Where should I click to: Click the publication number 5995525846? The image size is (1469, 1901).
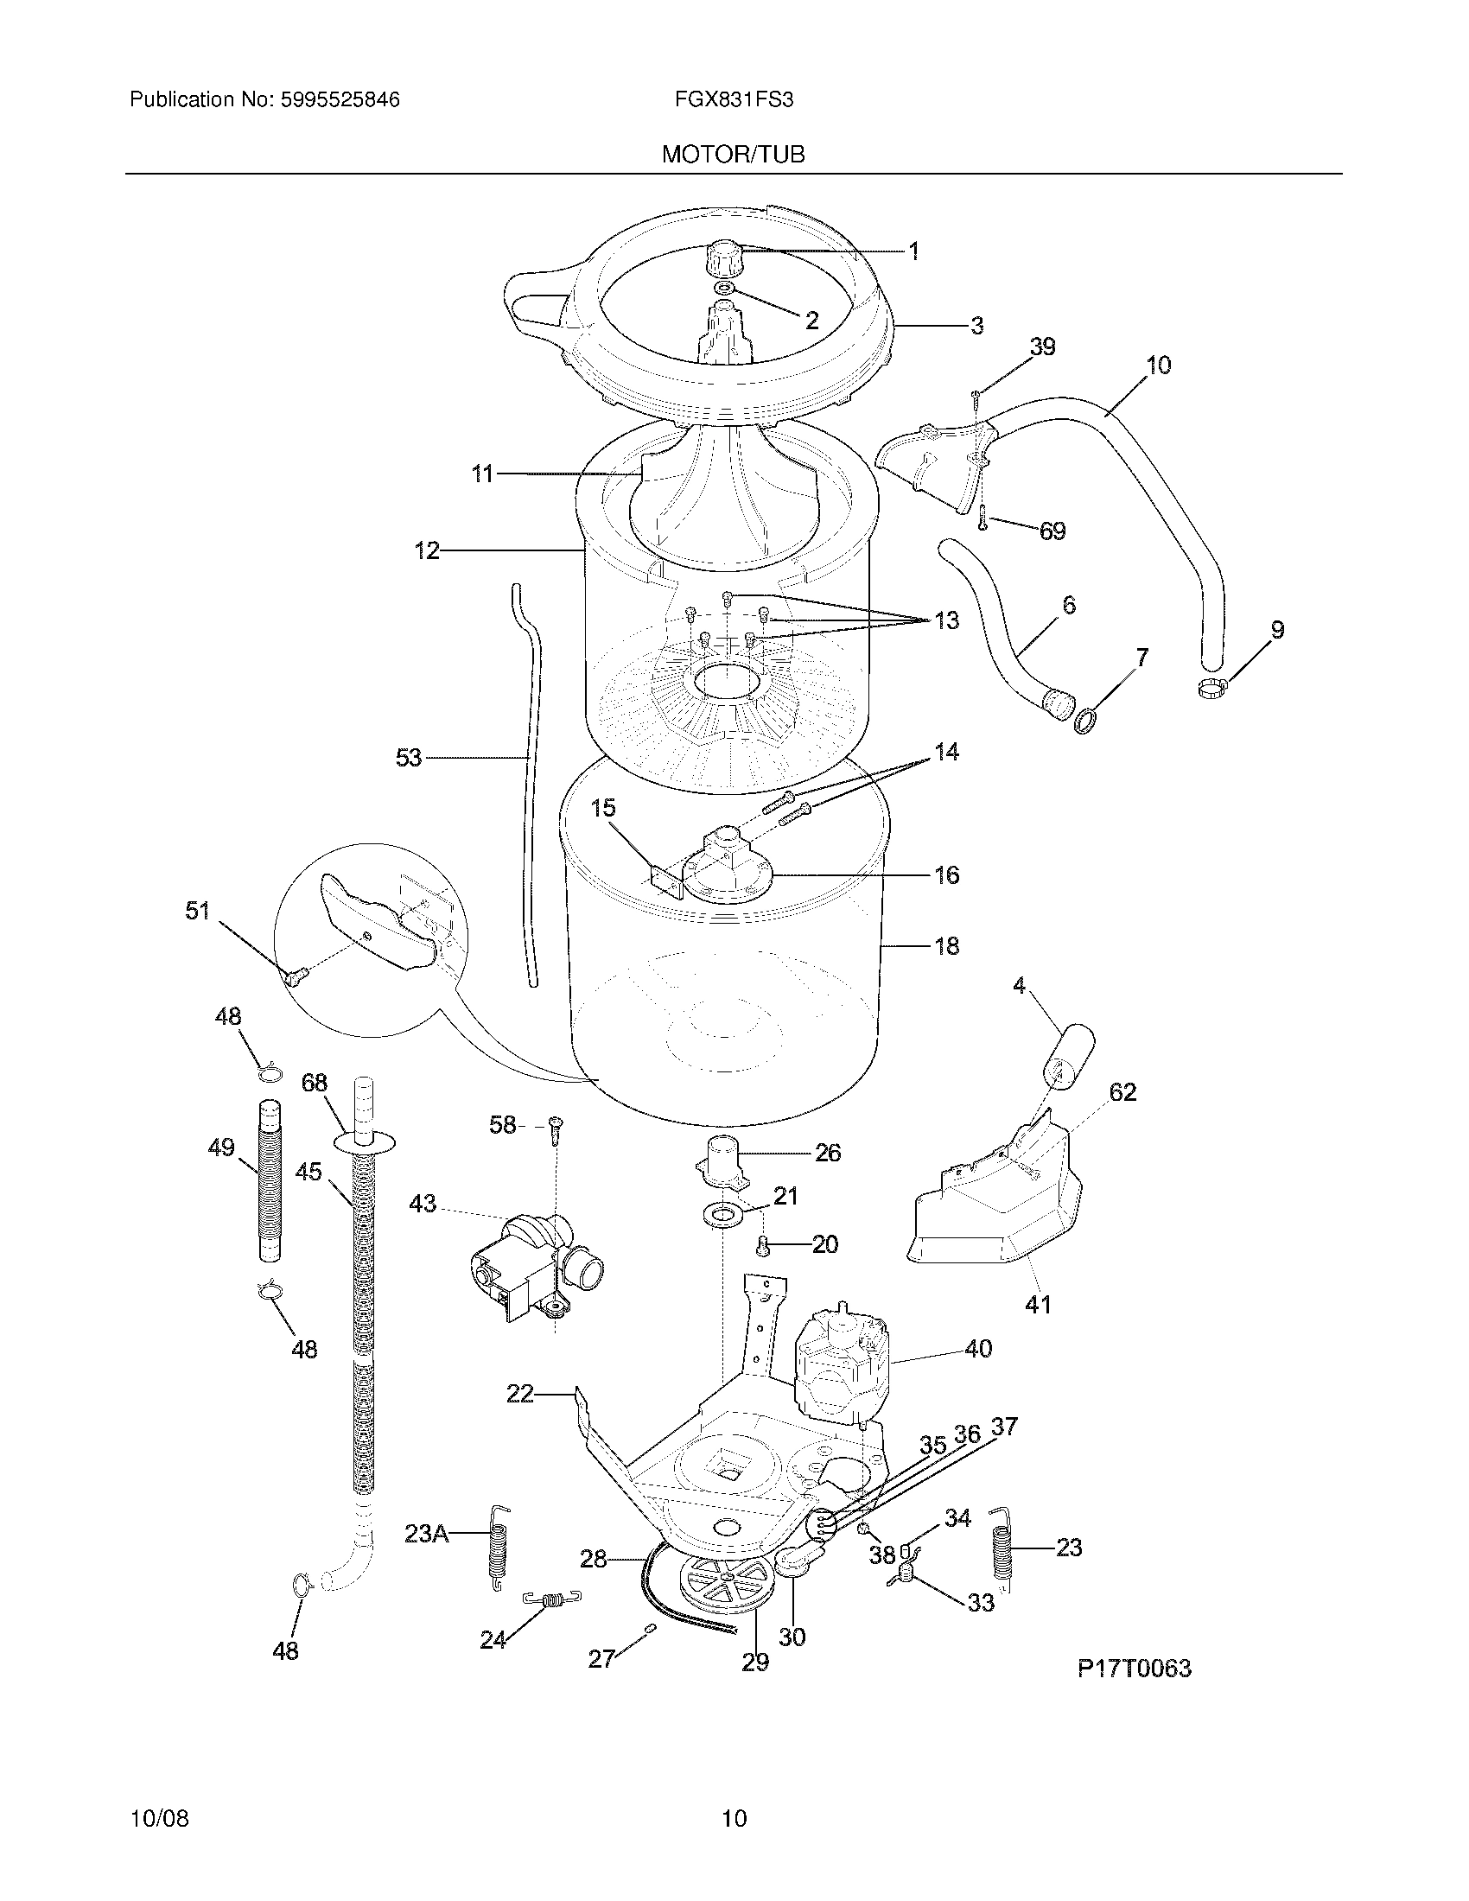pyautogui.click(x=340, y=100)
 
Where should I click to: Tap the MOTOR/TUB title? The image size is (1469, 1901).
pyautogui.click(x=733, y=155)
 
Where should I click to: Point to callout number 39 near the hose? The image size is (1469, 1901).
pyautogui.click(x=1043, y=347)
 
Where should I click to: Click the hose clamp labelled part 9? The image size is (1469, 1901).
pyautogui.click(x=1211, y=690)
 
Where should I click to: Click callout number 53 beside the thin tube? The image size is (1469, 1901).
pyautogui.click(x=408, y=758)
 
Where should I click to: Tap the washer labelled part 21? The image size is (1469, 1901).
pyautogui.click(x=721, y=1212)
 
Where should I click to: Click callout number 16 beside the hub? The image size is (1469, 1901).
pyautogui.click(x=947, y=874)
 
